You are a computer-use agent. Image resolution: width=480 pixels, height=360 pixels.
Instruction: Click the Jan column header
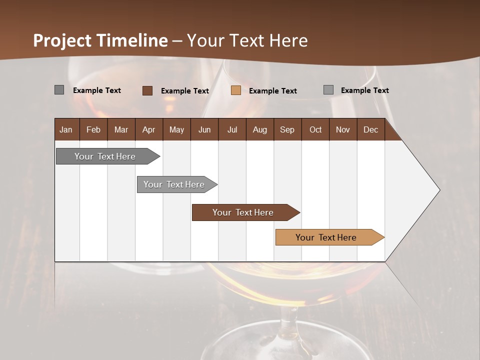point(66,129)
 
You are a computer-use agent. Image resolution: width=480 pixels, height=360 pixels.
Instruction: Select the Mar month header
point(121,129)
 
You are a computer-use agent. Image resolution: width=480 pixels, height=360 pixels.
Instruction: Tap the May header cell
point(176,129)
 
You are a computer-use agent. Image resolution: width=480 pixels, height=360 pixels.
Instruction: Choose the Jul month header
point(232,129)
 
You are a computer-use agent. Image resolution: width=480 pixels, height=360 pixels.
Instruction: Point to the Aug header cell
point(259,129)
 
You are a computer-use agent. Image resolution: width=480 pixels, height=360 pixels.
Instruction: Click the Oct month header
point(315,129)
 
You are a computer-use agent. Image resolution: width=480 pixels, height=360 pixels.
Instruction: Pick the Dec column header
point(370,129)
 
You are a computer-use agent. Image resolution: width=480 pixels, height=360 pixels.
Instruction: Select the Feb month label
point(93,129)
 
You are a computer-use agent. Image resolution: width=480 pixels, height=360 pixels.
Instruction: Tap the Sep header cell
point(287,129)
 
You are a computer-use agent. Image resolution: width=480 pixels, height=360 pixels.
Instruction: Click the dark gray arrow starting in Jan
point(105,156)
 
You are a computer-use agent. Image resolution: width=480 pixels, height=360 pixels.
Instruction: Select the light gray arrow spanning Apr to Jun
point(174,184)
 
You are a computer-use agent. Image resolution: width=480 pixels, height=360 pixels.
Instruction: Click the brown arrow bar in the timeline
point(243,212)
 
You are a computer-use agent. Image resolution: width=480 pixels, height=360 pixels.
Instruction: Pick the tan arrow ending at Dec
point(326,237)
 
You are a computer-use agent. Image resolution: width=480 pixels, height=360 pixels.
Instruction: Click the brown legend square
point(147,90)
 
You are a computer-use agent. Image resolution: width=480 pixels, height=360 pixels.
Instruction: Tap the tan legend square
point(236,90)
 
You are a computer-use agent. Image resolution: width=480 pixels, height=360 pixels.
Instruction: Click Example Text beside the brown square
point(184,91)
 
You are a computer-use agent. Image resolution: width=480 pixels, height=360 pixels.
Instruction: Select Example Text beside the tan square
point(272,91)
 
